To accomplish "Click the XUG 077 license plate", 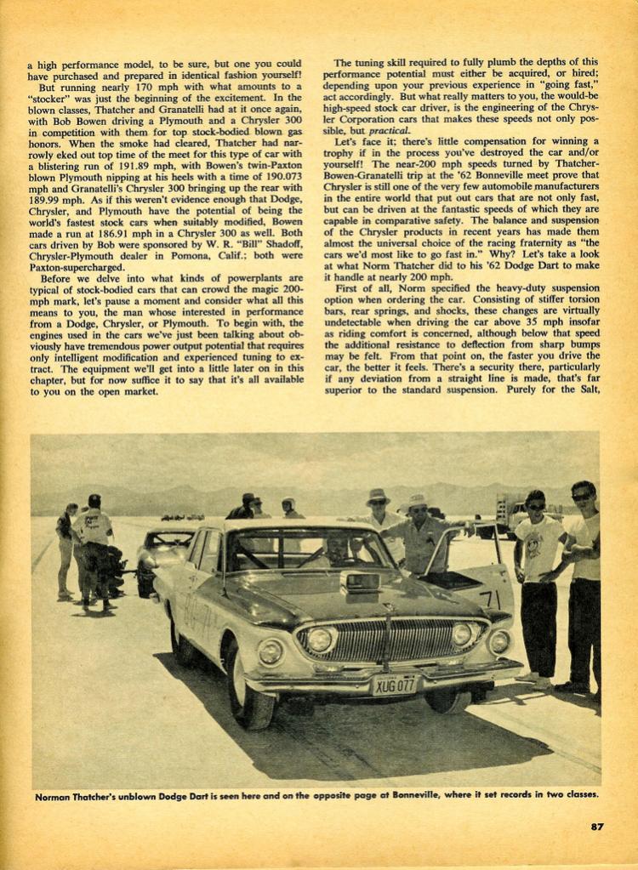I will click(x=394, y=684).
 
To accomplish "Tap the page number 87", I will click(x=596, y=825).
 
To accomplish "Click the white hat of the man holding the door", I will click(x=417, y=501).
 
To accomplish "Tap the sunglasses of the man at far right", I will click(x=582, y=496).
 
